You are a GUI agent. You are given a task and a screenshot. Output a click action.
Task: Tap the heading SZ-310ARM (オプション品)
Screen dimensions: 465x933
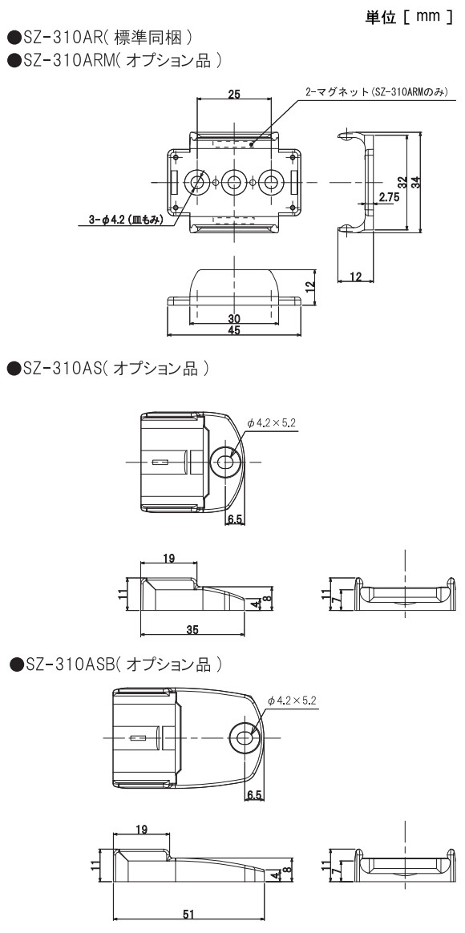[115, 60]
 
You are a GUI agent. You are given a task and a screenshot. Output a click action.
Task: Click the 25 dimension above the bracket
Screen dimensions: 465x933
[235, 94]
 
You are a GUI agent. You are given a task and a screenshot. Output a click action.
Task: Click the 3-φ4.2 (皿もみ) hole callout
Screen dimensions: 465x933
[125, 220]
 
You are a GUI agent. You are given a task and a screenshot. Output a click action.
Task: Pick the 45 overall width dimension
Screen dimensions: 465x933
[234, 331]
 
